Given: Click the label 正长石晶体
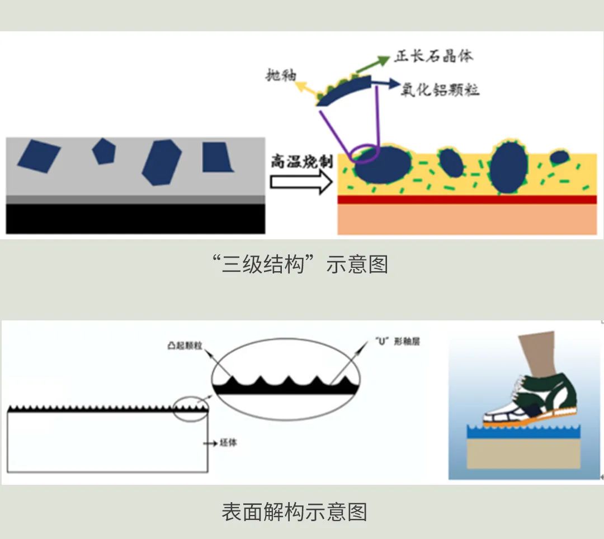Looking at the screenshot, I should [433, 56].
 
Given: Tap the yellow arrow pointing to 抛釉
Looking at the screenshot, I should [305, 87].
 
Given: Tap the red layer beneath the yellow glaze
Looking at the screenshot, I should [467, 200].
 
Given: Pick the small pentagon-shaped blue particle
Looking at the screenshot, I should [103, 150].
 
